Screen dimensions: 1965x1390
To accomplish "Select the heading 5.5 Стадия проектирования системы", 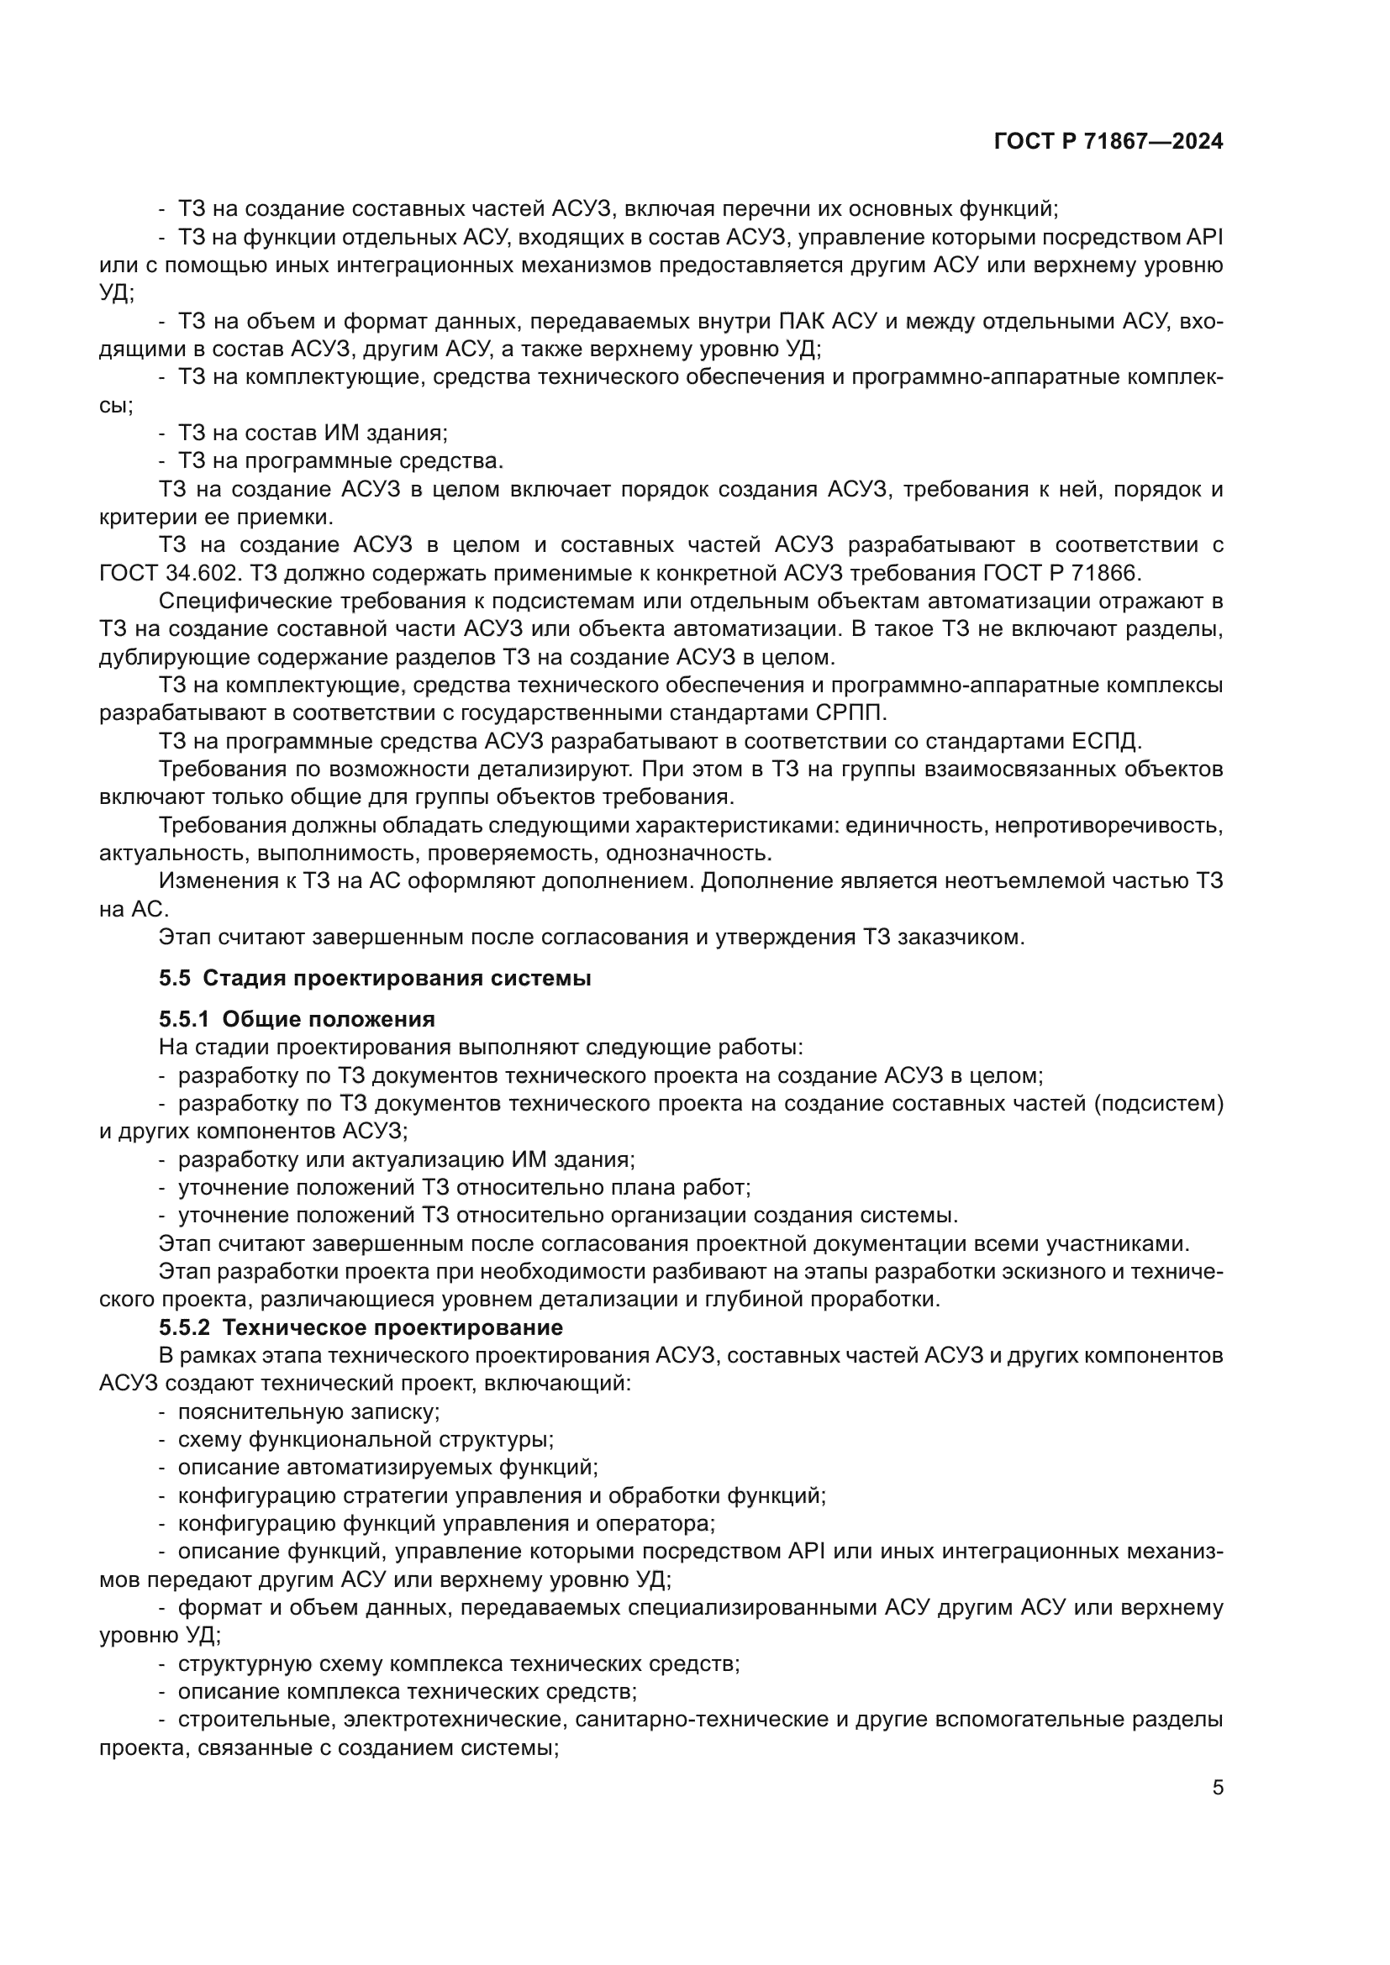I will (375, 978).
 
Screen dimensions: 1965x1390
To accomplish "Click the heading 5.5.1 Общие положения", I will (297, 1019).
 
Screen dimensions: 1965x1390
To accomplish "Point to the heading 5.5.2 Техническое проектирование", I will (361, 1327).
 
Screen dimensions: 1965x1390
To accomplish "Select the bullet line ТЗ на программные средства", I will (340, 461).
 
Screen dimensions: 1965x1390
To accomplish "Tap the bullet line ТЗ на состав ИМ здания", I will (313, 433).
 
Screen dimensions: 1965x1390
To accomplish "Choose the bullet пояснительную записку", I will (308, 1411).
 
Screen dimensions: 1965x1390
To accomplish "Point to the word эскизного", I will (1051, 1272).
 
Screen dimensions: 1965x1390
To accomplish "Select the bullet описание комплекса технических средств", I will (407, 1692).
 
